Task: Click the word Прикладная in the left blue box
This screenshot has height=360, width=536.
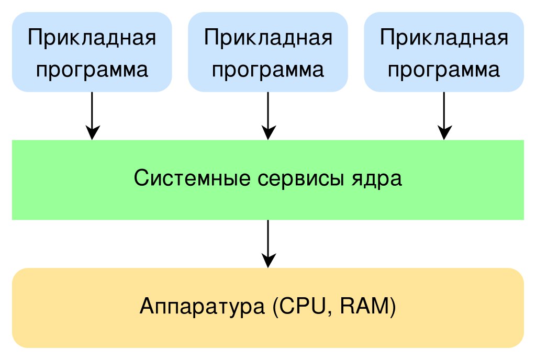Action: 92,38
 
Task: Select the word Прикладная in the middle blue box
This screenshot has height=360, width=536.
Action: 268,38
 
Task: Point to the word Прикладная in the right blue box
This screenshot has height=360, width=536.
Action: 444,38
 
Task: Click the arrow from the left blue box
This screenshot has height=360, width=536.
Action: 92,116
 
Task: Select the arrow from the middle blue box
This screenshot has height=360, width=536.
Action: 269,116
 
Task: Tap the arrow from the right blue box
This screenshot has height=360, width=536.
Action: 444,116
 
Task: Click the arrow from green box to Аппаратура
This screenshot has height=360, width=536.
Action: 269,244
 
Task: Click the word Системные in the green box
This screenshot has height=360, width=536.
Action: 192,178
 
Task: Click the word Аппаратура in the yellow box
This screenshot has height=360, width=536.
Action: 202,307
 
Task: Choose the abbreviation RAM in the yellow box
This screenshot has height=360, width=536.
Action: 364,306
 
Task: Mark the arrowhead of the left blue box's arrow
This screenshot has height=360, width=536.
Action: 92,133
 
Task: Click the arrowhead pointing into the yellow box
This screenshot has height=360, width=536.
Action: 269,261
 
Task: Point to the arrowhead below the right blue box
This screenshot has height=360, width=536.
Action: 444,133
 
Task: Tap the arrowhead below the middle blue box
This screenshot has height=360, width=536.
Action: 269,133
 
